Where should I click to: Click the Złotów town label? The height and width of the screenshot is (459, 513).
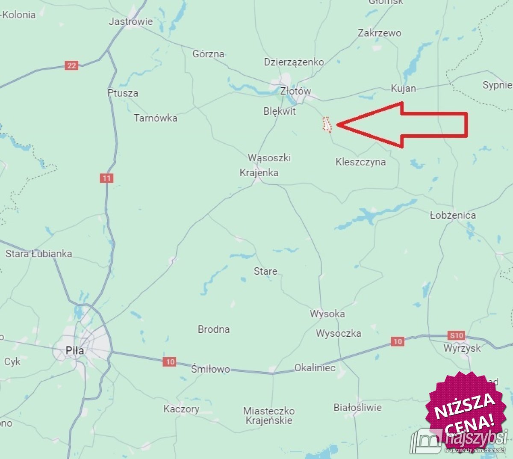[295, 91]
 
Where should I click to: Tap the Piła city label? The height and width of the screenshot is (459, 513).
[75, 350]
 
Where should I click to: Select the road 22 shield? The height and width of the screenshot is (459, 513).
[71, 65]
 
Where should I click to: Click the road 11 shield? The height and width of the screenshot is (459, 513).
[106, 178]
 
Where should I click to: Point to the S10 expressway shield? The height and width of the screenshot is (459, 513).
[456, 335]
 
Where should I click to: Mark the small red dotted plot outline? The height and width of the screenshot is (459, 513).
[327, 124]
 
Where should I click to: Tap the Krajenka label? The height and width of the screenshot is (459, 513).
[259, 173]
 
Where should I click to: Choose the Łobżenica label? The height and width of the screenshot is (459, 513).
[453, 215]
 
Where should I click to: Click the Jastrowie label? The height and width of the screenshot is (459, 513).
[130, 21]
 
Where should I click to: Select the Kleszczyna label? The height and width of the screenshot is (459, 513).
[360, 162]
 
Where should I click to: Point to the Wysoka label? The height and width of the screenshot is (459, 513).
[327, 314]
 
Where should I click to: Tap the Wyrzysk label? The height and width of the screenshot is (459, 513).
[462, 348]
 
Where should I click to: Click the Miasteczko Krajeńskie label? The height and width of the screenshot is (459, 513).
[269, 415]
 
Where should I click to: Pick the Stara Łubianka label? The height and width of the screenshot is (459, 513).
[38, 254]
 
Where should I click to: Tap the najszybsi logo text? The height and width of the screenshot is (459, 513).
[475, 438]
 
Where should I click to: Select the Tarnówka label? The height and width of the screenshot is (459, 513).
[156, 118]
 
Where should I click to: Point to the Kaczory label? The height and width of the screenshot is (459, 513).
[181, 409]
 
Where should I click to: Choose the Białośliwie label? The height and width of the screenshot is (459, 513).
[357, 407]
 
